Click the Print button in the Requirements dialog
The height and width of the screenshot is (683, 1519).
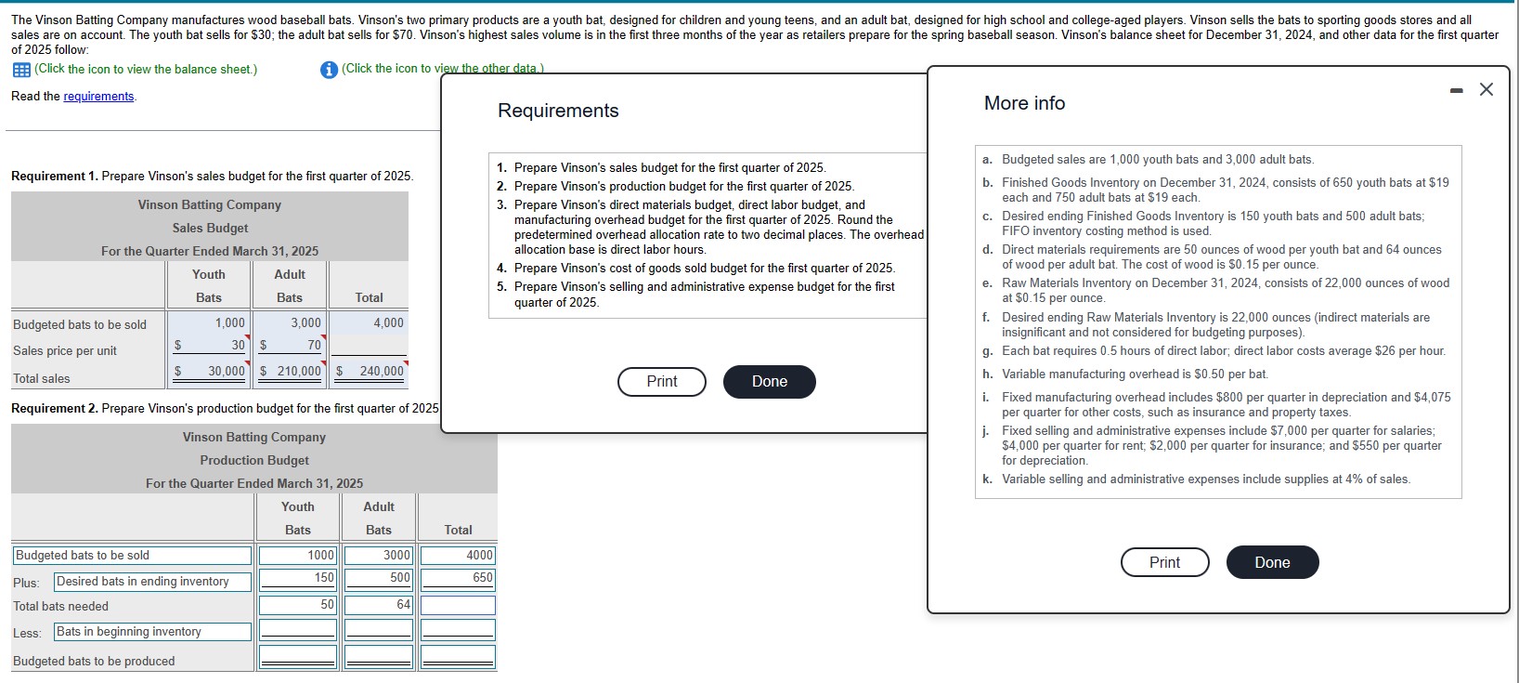[x=662, y=381]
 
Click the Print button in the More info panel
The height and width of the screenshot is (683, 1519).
[x=1164, y=562]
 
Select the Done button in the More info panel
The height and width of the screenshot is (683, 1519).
[x=1272, y=562]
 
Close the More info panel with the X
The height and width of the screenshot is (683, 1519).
[x=1487, y=89]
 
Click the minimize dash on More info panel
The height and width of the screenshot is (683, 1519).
[x=1456, y=90]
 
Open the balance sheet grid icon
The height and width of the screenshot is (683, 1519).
[x=20, y=70]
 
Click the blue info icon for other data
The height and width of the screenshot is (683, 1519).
[x=329, y=70]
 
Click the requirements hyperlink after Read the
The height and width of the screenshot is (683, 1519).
[x=98, y=97]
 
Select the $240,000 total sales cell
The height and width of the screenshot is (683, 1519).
[x=370, y=371]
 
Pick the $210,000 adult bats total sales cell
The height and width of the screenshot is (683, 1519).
[x=291, y=371]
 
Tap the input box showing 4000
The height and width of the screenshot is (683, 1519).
[x=458, y=555]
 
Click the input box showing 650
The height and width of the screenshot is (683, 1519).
[x=458, y=578]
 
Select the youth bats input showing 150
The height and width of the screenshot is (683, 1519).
[x=297, y=578]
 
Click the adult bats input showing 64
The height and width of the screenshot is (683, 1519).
[x=378, y=605]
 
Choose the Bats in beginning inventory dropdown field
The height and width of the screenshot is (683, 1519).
[x=152, y=632]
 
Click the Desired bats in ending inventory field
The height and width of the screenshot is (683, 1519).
[x=152, y=582]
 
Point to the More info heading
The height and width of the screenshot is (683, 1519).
[x=1024, y=103]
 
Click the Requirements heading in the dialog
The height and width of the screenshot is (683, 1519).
[x=558, y=111]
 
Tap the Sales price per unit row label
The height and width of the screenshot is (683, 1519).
[x=65, y=350]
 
